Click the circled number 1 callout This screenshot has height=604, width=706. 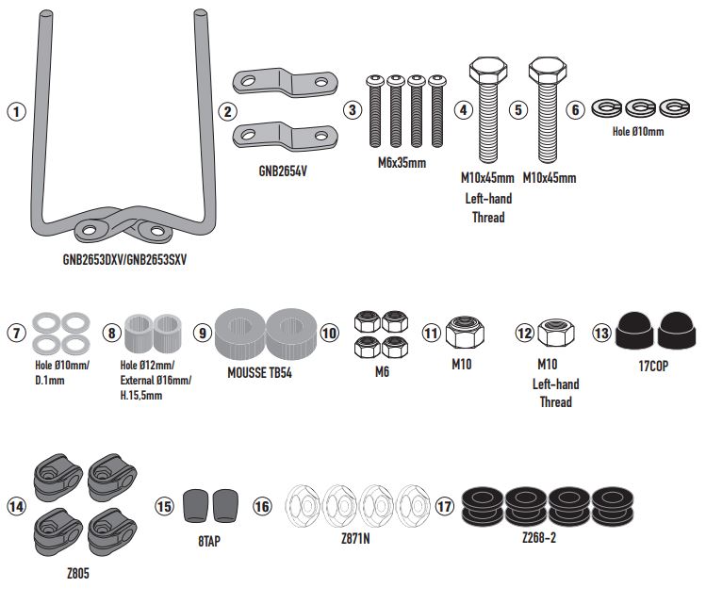14,110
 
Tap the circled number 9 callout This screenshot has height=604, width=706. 202,332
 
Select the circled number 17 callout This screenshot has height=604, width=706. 445,506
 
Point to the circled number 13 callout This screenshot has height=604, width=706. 602,332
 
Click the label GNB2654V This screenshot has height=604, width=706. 282,172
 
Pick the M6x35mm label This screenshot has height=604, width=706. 402,163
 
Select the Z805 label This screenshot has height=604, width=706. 78,571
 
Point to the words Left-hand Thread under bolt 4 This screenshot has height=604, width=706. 487,208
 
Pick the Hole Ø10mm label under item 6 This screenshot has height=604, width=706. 638,132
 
